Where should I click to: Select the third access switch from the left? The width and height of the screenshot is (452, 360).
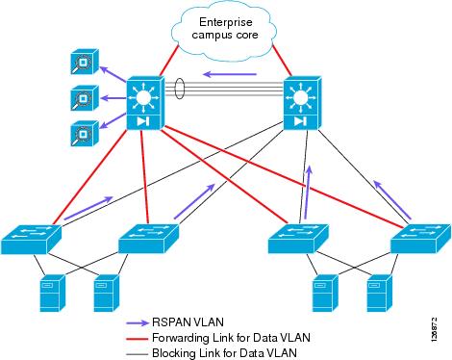click(297, 237)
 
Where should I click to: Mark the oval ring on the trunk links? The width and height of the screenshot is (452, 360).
click(179, 94)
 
